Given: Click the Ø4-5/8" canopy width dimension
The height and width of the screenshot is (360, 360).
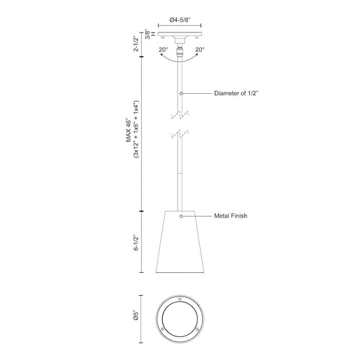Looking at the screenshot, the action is click(180, 20).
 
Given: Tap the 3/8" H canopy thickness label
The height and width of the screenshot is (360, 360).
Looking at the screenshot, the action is click(150, 34).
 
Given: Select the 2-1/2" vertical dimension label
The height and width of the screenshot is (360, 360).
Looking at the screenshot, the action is click(136, 43).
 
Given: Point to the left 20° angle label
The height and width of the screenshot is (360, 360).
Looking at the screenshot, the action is click(163, 49).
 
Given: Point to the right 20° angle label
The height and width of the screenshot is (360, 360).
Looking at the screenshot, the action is click(200, 49).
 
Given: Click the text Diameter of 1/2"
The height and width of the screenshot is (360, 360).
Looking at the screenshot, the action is click(236, 93).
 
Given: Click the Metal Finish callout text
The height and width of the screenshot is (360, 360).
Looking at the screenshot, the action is click(231, 216).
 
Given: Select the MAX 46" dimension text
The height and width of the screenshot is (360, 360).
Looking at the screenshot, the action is click(129, 131).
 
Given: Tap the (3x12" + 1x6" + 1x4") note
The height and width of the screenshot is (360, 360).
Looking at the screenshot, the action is click(136, 129).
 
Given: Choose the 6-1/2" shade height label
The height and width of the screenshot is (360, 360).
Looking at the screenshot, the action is click(136, 242).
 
